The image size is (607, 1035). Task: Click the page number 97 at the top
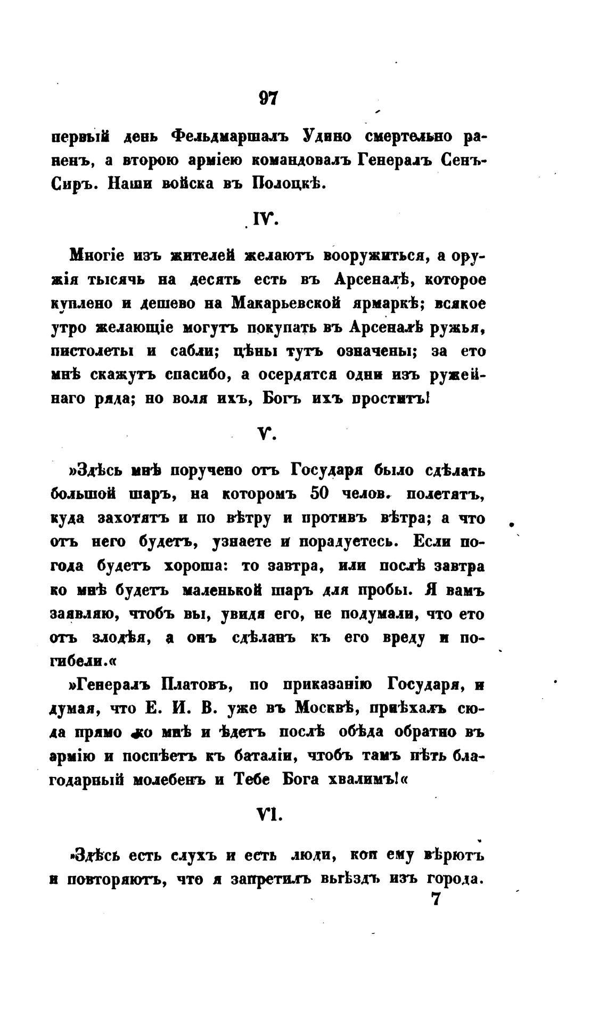pos(268,98)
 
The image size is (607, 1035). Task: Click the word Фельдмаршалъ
pos(229,137)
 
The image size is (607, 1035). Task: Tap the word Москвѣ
pos(328,709)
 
